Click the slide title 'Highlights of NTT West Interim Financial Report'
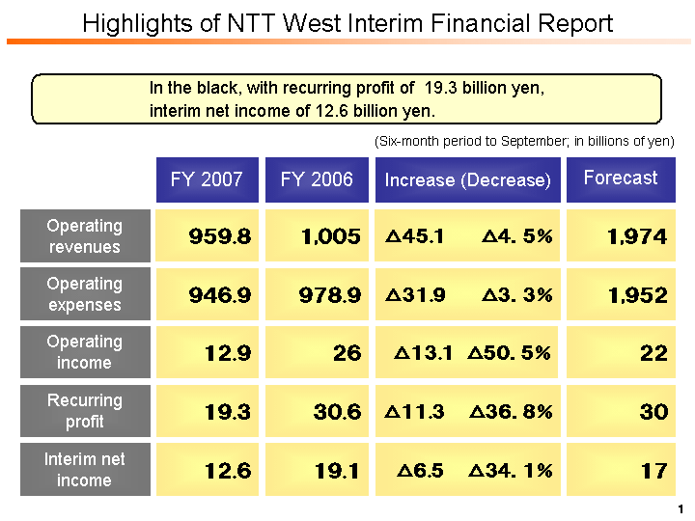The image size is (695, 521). pos(347,23)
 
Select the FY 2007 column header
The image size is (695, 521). pos(207,179)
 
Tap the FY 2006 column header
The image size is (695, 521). pos(317,179)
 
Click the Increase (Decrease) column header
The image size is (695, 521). pos(467,180)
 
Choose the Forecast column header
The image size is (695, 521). pos(620,178)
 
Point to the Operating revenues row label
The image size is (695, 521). pos(85,236)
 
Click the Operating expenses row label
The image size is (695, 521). pos(85,294)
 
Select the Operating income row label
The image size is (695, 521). pos(85,352)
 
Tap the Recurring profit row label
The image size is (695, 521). pos(85,411)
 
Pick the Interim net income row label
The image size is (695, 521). pos(85,469)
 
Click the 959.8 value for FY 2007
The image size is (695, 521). pos(221,237)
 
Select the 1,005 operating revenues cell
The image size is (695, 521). pos(330,237)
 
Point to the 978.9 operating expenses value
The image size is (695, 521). pos(330,295)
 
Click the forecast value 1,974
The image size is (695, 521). pos(637,237)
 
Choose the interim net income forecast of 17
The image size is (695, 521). pos(653,471)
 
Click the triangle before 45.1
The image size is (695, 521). pos(392,237)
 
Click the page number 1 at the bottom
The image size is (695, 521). pos(681,508)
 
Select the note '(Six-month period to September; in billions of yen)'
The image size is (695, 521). pos(523,141)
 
